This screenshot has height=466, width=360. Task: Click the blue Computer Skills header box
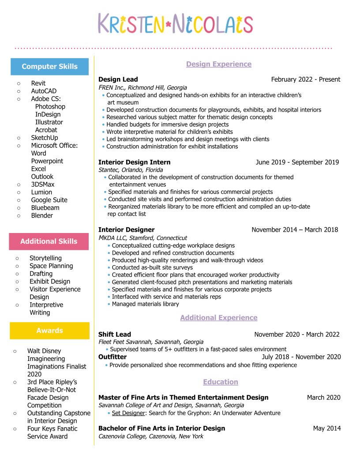[x=49, y=67]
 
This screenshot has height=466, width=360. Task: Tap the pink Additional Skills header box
[x=49, y=241]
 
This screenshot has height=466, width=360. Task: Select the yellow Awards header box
[x=49, y=331]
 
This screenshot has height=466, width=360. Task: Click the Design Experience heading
[x=218, y=64]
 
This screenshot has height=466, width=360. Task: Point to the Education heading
[x=220, y=382]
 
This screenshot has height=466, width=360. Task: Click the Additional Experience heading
[x=218, y=318]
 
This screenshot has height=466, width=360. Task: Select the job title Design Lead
[x=118, y=79]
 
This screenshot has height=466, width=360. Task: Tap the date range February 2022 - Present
[x=305, y=79]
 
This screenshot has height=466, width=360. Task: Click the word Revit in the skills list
[x=38, y=83]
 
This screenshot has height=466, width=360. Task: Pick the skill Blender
[x=42, y=216]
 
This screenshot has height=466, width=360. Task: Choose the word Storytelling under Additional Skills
[x=45, y=258]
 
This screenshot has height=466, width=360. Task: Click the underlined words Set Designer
[x=128, y=413]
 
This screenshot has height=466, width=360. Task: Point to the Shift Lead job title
[x=114, y=334]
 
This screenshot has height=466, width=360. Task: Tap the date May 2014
[x=326, y=428]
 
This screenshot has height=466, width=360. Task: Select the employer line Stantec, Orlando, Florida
[x=130, y=170]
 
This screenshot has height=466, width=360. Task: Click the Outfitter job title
[x=112, y=357]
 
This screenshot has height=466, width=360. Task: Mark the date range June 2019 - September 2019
[x=297, y=162]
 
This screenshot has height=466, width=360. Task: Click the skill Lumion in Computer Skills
[x=41, y=192]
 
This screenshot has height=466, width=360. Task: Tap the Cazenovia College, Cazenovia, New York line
[x=150, y=436]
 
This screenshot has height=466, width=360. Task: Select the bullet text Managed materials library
[x=145, y=304]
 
